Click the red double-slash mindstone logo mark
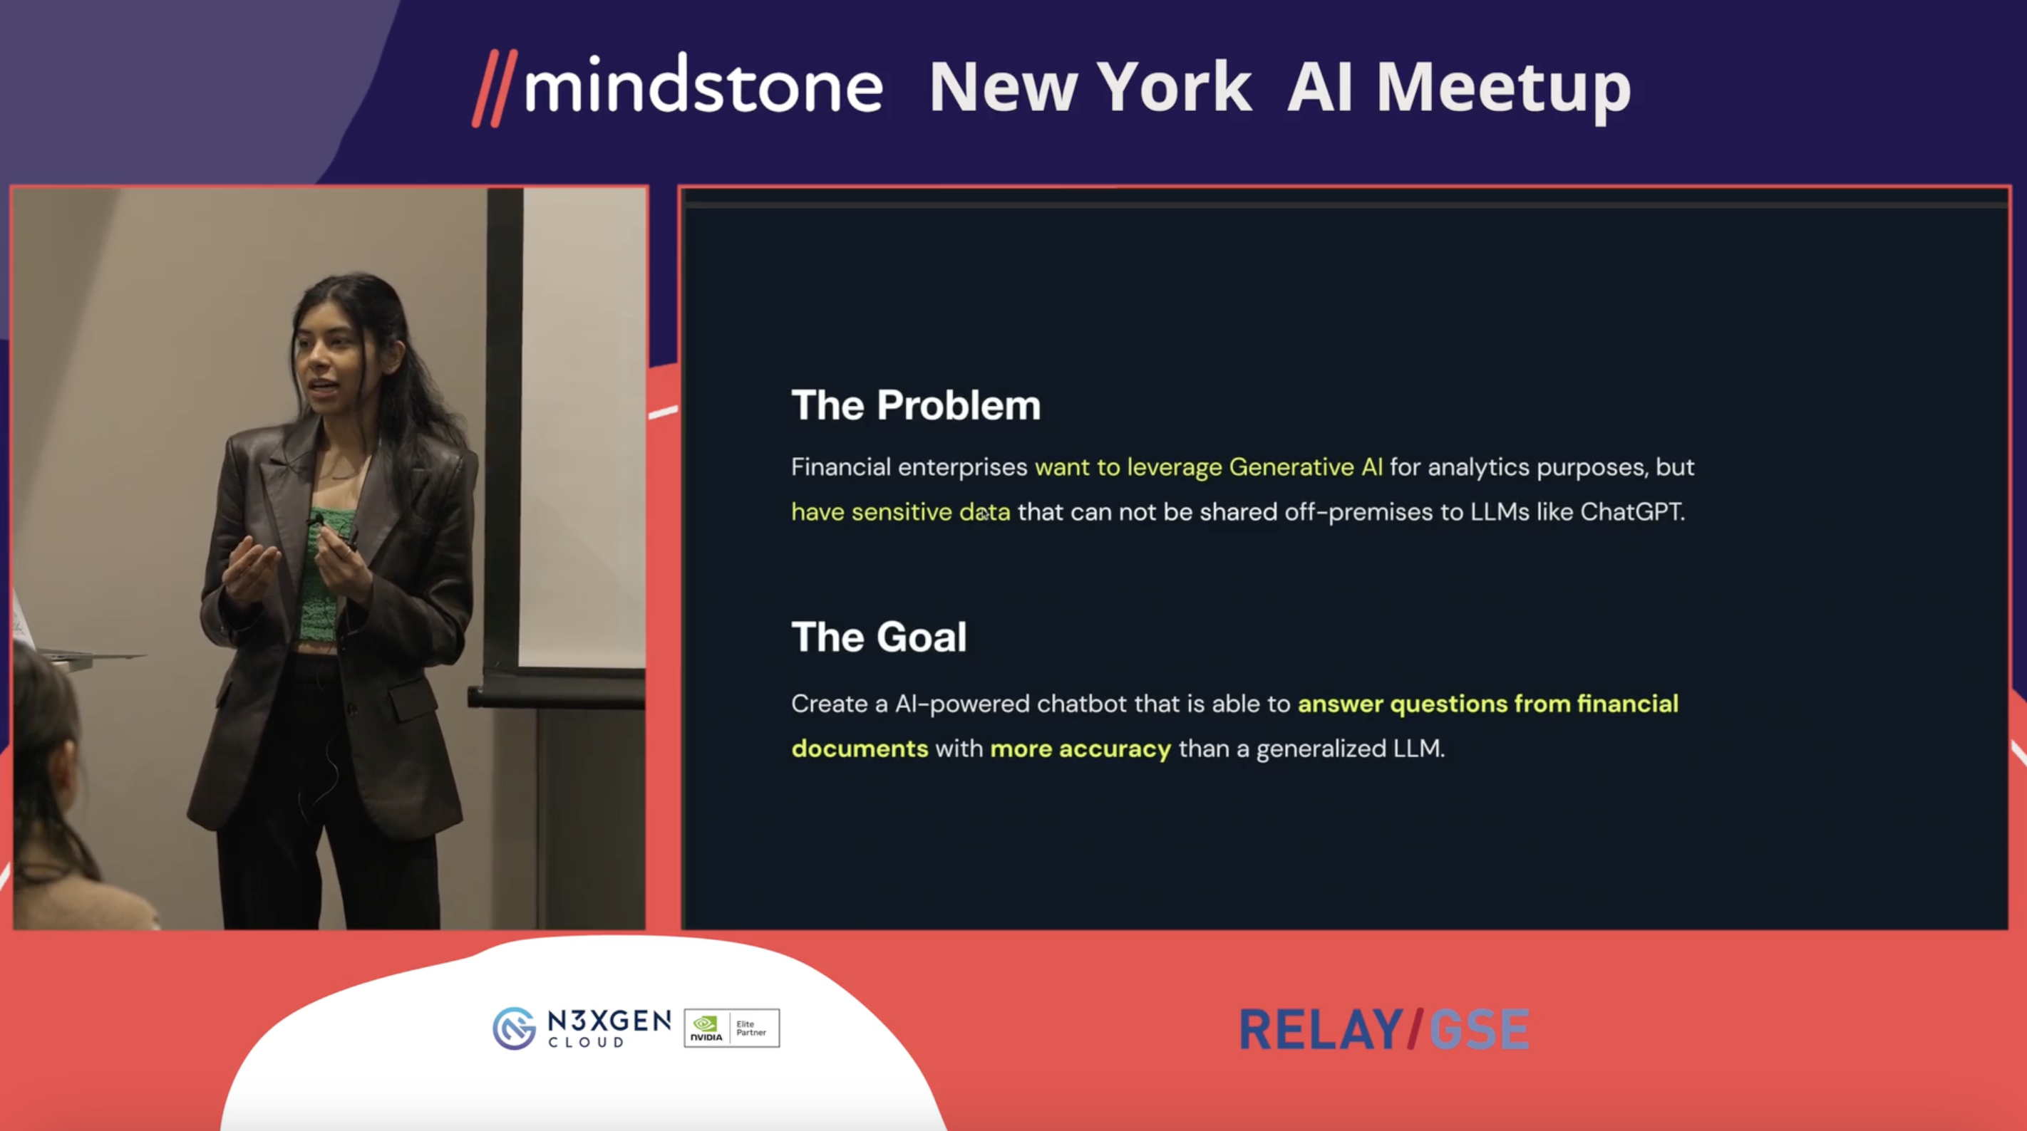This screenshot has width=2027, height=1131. pos(494,88)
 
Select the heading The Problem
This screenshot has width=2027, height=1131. pos(916,405)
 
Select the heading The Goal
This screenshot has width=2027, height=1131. pos(879,636)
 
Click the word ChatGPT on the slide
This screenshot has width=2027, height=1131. pos(1632,511)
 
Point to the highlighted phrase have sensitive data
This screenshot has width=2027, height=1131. pos(901,512)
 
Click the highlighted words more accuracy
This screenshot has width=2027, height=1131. pos(1080,749)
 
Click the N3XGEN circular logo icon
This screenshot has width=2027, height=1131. pos(514,1028)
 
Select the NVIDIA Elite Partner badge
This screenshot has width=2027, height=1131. pos(732,1028)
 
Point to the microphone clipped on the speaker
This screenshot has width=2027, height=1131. pos(316,520)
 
